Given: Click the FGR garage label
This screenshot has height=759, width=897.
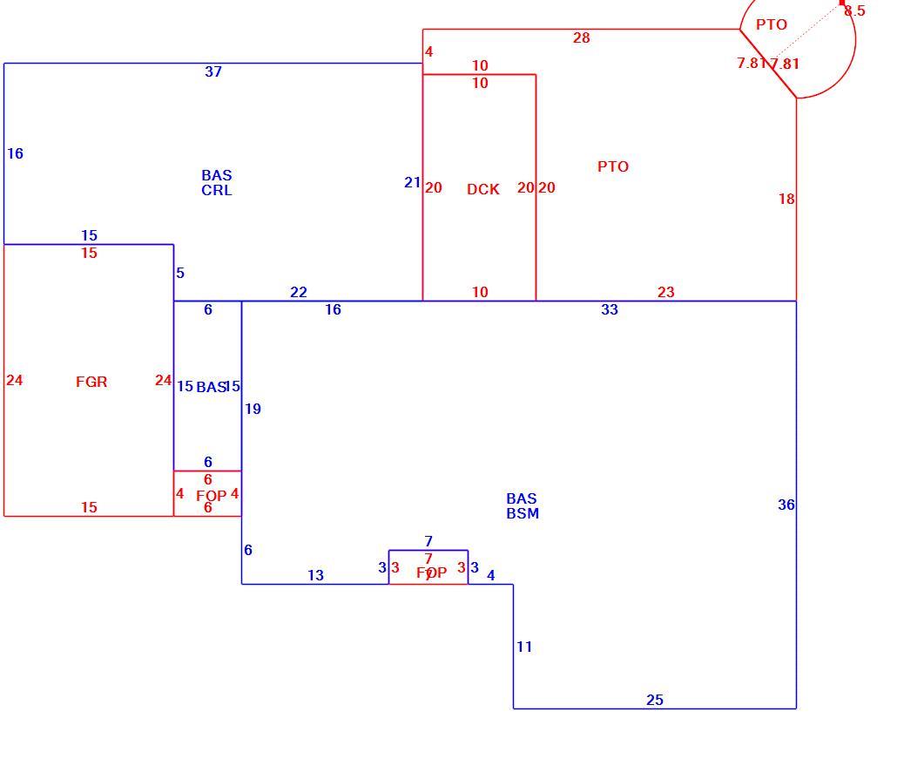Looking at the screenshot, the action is point(91,382).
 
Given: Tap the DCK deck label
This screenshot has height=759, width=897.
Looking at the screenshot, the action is point(483,189).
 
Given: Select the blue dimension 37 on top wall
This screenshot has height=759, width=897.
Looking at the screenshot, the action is point(213,71).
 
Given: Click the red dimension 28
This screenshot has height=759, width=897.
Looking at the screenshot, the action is point(581,37).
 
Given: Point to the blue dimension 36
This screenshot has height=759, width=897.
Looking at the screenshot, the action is point(786,505).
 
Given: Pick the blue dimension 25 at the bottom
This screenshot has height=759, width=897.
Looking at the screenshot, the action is point(655,700).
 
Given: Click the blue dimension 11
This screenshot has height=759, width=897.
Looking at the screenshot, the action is point(524,647).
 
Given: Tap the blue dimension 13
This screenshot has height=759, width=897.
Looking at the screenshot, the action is point(316,575).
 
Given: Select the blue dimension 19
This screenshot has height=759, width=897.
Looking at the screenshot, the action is point(253,409).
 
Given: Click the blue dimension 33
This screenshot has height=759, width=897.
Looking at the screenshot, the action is point(610,309).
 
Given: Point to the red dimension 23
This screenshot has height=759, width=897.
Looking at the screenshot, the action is point(666,293).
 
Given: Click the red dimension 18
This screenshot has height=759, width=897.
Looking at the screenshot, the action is point(786,200).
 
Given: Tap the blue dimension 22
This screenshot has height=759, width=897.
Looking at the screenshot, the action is point(299,293).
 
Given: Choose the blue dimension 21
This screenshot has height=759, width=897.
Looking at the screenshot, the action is point(413,183).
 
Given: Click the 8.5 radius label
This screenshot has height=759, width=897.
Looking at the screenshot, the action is point(854,10).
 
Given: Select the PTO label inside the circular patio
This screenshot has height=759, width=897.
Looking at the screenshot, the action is point(772,24).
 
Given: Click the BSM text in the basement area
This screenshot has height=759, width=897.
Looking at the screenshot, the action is point(523,513).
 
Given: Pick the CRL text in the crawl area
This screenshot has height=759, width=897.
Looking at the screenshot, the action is point(217,190).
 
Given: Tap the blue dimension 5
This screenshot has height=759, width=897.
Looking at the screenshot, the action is point(180,273).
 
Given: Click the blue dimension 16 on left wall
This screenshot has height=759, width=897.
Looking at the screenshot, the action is point(15,153).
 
